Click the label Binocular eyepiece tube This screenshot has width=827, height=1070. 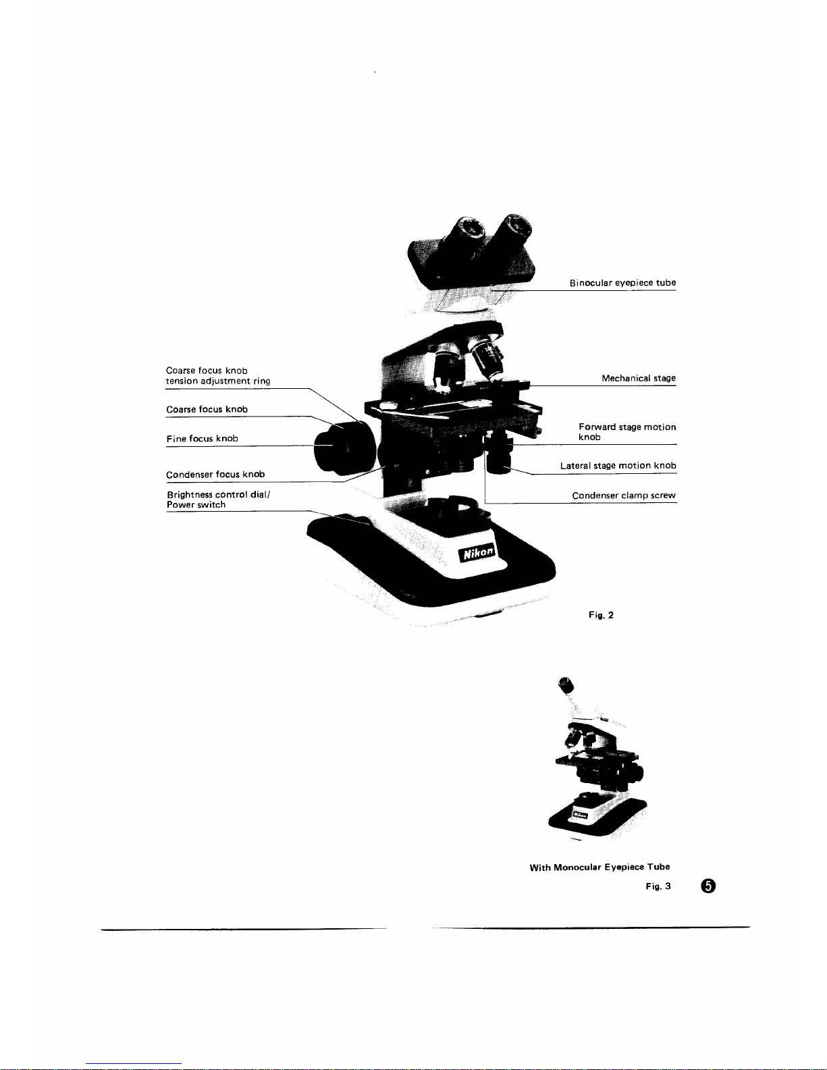(x=622, y=283)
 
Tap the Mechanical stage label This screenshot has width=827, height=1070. (x=638, y=379)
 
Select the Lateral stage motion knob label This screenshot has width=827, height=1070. (x=618, y=466)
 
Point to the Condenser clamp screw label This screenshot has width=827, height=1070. (x=623, y=496)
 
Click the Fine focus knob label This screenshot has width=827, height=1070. (x=202, y=439)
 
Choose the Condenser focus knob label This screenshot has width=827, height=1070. (x=215, y=475)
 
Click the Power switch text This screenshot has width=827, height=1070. (x=196, y=505)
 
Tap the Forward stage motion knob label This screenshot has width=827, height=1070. (x=626, y=431)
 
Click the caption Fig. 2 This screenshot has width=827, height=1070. (x=600, y=615)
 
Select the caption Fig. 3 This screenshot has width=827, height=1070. (x=658, y=886)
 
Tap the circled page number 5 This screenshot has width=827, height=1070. (x=707, y=886)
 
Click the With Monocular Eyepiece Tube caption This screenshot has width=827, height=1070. (x=599, y=867)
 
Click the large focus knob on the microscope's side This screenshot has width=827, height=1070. (x=345, y=449)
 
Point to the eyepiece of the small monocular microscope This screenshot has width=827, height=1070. (x=566, y=687)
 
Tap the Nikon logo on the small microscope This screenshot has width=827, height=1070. (x=580, y=813)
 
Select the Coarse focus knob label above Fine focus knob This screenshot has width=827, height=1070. (x=207, y=410)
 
